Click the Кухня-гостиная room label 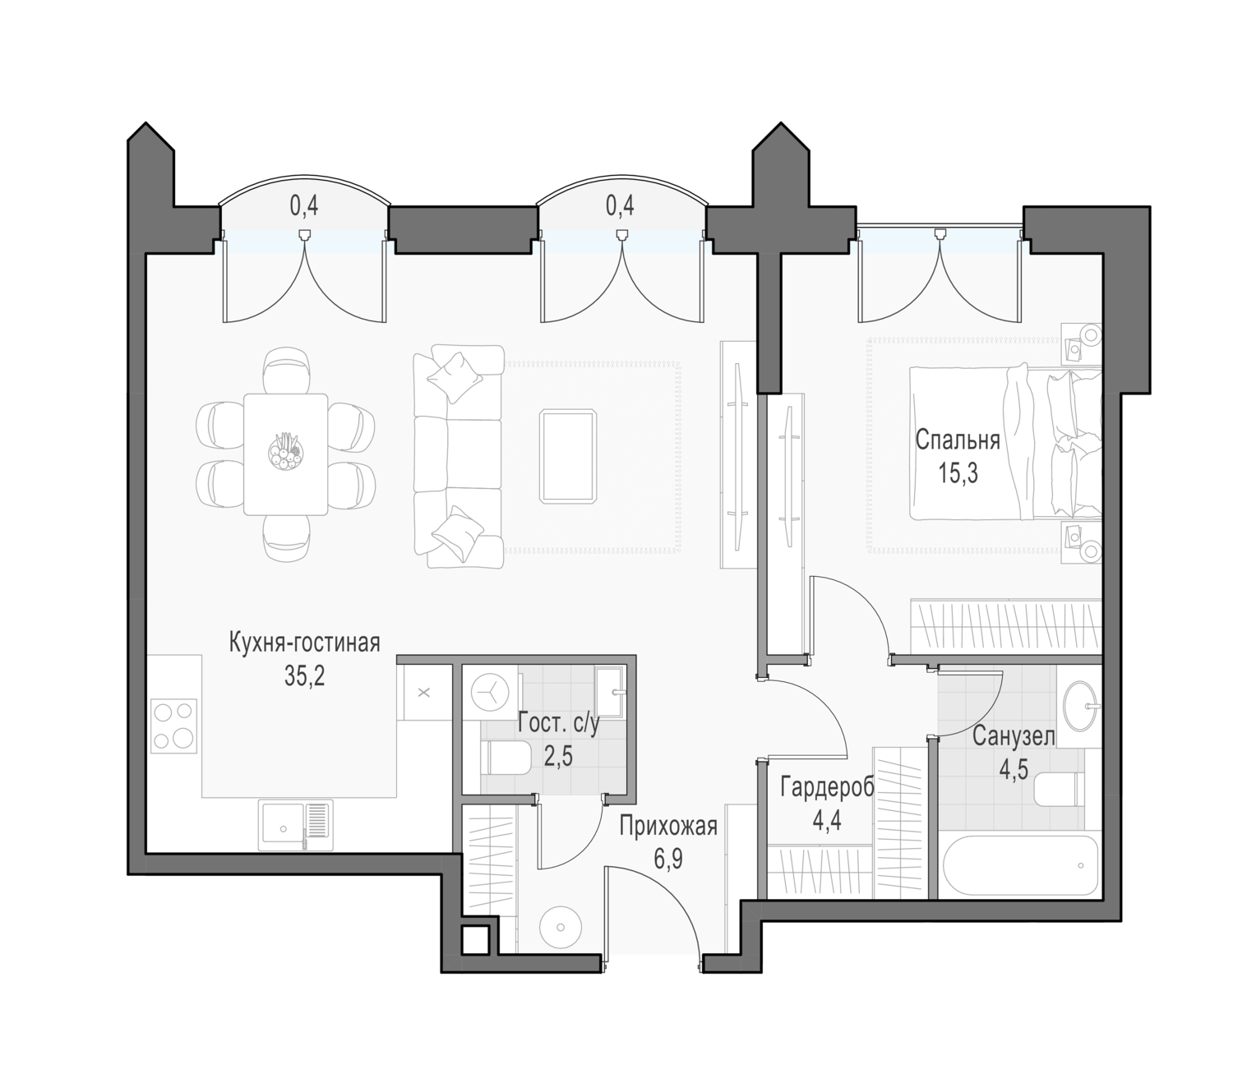304,643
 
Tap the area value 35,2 304,675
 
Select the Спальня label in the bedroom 958,440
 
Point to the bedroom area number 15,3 958,472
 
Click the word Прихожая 668,827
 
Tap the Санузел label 1014,737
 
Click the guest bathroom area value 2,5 558,758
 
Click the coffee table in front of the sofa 567,456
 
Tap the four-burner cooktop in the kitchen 174,726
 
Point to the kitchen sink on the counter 296,826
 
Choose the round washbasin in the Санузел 1082,707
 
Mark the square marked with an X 424,693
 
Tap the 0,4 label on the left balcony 303,206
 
